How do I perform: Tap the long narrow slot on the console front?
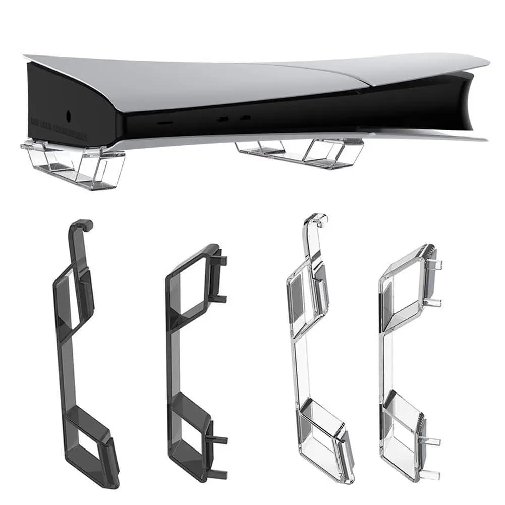[165, 123]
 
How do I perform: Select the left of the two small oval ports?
[222, 120]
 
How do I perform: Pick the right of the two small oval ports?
[246, 118]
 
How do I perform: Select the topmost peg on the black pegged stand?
[222, 261]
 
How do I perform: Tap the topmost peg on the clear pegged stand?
[437, 265]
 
